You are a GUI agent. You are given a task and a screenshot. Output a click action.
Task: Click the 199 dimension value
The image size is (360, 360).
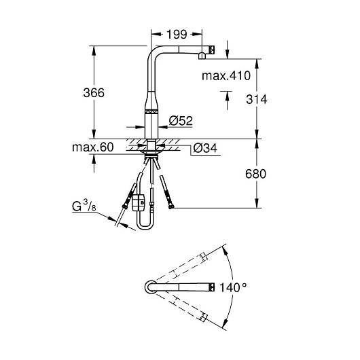(x=177, y=35)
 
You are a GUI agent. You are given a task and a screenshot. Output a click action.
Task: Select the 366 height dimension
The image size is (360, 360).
(x=94, y=93)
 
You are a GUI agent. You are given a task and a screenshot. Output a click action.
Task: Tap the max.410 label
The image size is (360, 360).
(x=226, y=75)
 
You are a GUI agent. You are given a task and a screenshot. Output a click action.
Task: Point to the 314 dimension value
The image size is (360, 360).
(x=257, y=99)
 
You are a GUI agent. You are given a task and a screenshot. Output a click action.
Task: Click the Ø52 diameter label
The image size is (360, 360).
(x=181, y=121)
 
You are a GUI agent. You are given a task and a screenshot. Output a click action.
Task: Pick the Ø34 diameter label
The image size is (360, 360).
(x=205, y=148)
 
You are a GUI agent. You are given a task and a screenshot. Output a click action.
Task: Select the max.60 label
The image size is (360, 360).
(x=93, y=147)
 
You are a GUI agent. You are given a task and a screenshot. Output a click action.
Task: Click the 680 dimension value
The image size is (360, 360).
(x=255, y=174)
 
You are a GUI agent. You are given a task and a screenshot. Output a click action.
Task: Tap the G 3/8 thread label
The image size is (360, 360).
(x=84, y=206)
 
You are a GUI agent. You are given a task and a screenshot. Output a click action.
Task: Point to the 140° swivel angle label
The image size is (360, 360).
(x=233, y=287)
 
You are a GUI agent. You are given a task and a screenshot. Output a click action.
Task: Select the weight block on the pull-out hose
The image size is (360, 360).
(x=139, y=202)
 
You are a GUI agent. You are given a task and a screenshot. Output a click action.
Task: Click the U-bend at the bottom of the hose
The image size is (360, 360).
(x=145, y=226)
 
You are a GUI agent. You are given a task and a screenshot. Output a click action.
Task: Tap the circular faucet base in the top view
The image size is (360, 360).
(x=150, y=287)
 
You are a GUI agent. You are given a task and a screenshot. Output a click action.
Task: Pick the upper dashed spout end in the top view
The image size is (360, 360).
(x=203, y=257)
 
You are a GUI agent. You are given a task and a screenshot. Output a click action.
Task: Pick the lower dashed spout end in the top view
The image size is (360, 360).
(x=203, y=317)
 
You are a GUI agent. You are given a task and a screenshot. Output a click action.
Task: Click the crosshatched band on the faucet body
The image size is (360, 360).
(x=151, y=111)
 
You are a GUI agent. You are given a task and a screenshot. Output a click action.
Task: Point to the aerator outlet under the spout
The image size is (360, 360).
(x=202, y=55)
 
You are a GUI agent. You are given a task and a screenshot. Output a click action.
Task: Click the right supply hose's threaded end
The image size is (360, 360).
(x=170, y=207)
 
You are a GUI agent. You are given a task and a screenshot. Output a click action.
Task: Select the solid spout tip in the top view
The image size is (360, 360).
(x=212, y=287)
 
